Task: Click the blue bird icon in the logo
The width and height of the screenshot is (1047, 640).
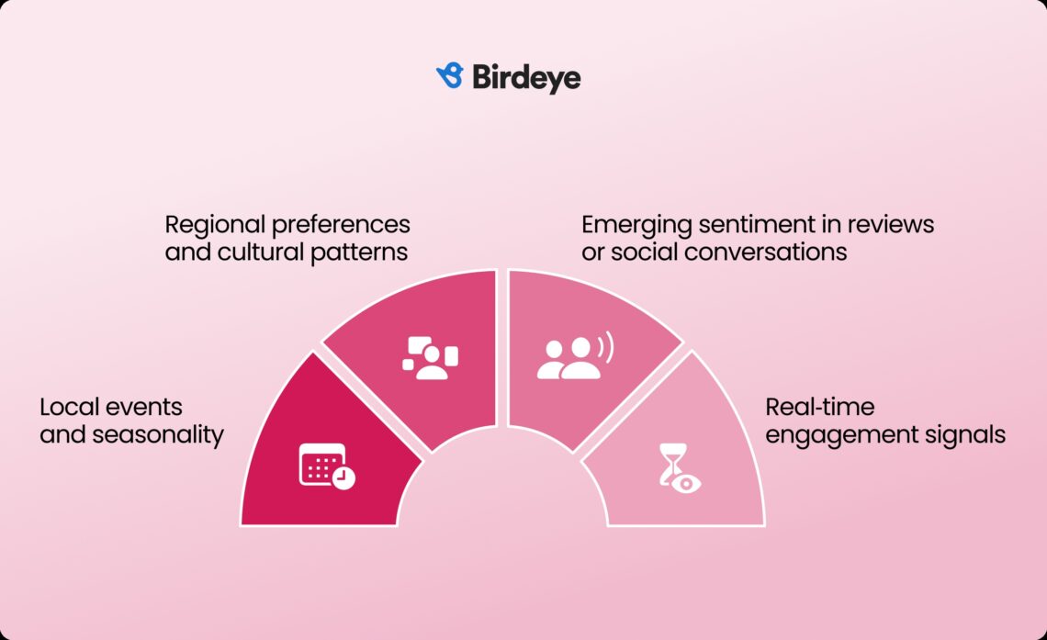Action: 449,76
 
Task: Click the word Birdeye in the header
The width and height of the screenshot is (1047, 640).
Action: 526,77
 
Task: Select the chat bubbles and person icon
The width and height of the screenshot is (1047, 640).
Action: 430,358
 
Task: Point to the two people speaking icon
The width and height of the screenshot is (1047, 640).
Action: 573,358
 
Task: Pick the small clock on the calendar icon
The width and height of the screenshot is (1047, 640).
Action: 343,477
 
